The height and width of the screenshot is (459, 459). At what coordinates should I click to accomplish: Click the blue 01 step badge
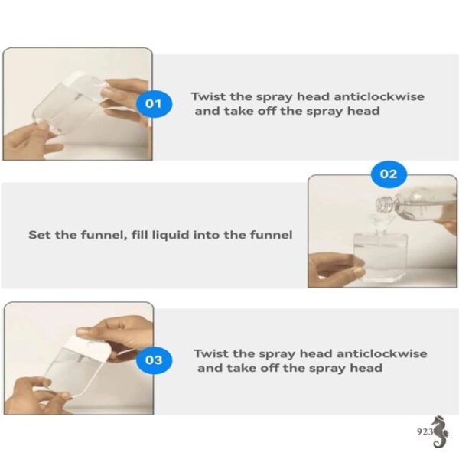click(x=155, y=103)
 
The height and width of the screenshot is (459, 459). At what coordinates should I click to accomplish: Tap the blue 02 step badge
click(x=389, y=174)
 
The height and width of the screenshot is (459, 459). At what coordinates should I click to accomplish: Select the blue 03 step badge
click(x=154, y=360)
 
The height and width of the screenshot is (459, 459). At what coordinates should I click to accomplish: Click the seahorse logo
click(x=441, y=431)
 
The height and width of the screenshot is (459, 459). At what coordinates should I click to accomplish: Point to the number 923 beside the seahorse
click(x=425, y=431)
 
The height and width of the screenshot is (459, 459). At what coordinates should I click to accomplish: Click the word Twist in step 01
click(x=208, y=96)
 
